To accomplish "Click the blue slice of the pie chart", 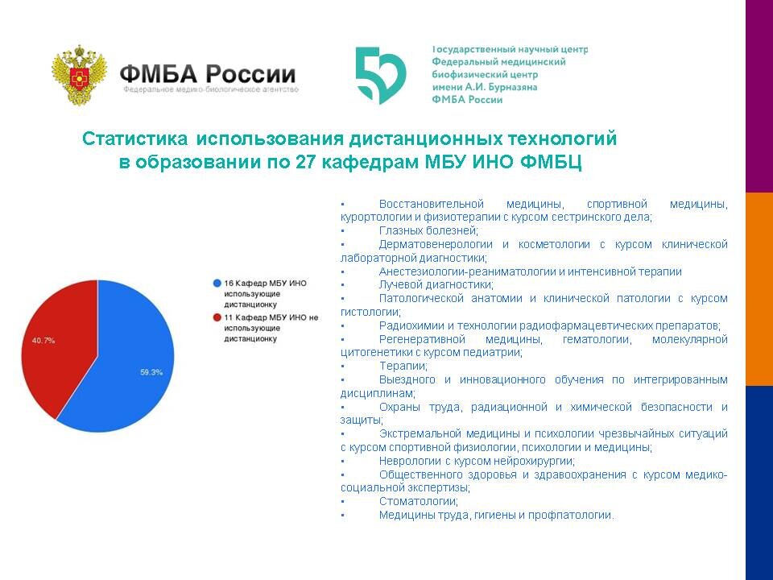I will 129,371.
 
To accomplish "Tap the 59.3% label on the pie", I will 151,372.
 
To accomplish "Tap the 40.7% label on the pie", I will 43,341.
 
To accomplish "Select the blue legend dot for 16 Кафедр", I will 217,284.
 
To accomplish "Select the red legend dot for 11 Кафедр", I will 217,317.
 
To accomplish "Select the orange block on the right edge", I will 759,289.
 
